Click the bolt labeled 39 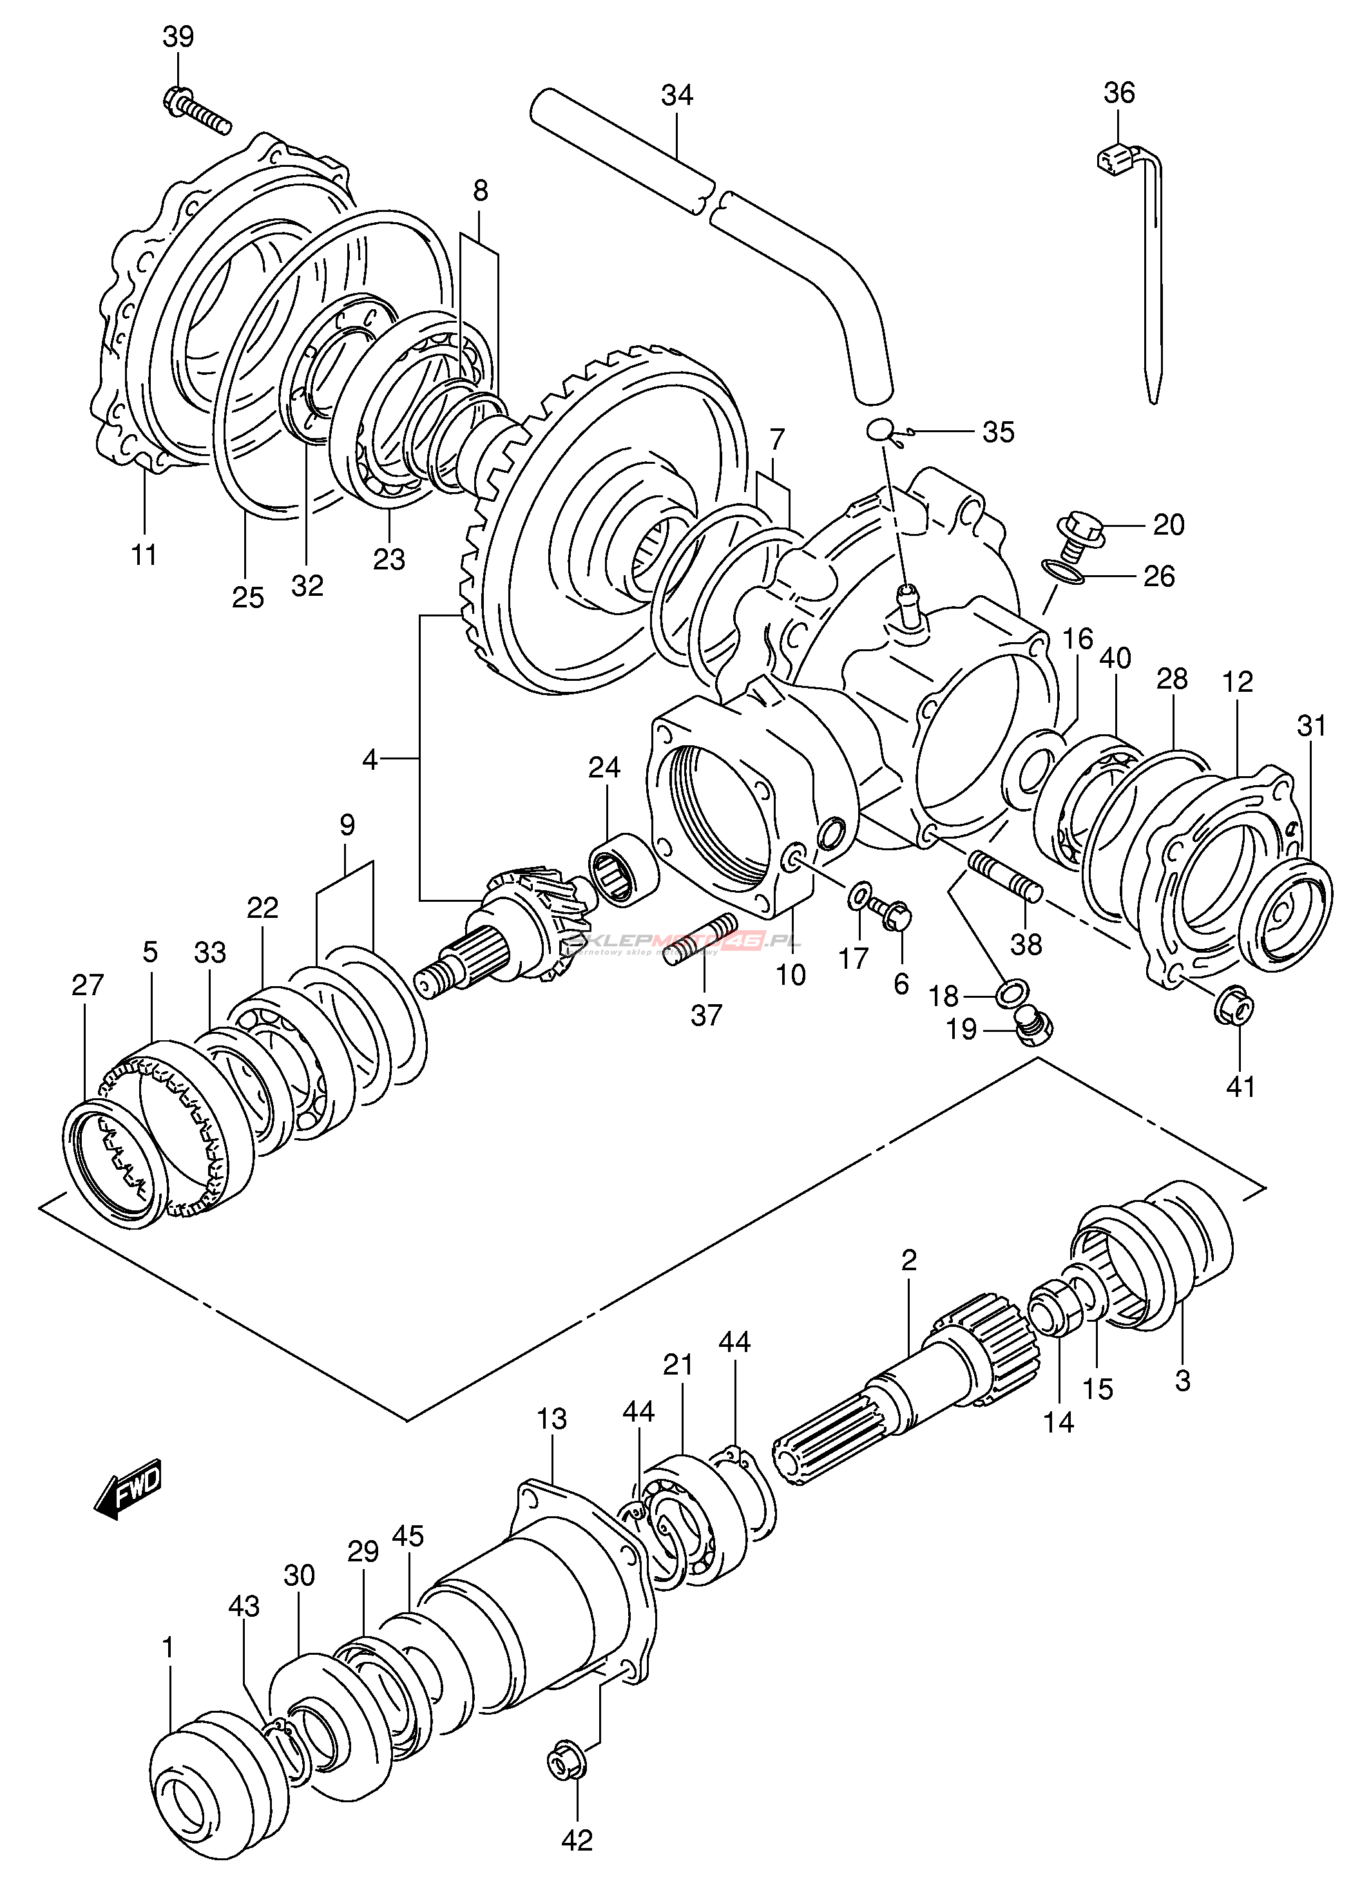(x=198, y=111)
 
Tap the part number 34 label (x=676, y=95)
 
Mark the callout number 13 (x=551, y=1418)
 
